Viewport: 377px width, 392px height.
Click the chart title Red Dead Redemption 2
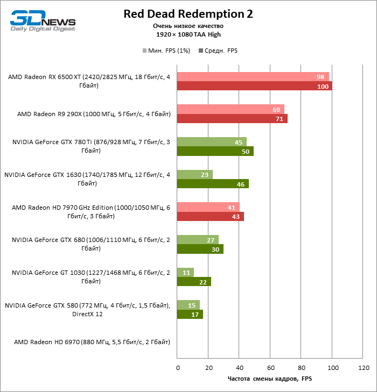(x=188, y=13)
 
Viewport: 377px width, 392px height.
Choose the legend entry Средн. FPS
(x=218, y=51)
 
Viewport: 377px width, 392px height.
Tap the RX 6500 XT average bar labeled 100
(x=254, y=86)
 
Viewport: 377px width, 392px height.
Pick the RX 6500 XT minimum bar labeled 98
(x=253, y=77)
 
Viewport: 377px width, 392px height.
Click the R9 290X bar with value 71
(x=232, y=119)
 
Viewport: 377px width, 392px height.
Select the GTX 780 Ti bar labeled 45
(x=212, y=142)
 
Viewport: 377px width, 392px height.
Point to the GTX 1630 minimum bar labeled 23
(x=194, y=174)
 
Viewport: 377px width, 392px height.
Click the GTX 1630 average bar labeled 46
(x=213, y=184)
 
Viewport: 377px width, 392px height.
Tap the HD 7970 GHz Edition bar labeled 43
(x=210, y=216)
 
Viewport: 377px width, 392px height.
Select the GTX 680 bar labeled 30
(x=200, y=249)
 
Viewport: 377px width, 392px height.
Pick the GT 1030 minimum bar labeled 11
(x=185, y=272)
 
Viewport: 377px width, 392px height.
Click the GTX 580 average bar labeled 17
(x=190, y=314)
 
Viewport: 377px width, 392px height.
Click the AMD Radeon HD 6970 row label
(x=92, y=341)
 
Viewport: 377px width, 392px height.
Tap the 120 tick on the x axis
(x=364, y=368)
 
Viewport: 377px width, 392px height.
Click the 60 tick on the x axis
(x=271, y=368)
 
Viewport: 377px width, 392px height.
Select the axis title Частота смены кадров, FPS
(x=270, y=379)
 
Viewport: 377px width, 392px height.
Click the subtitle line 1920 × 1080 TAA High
(x=188, y=34)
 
